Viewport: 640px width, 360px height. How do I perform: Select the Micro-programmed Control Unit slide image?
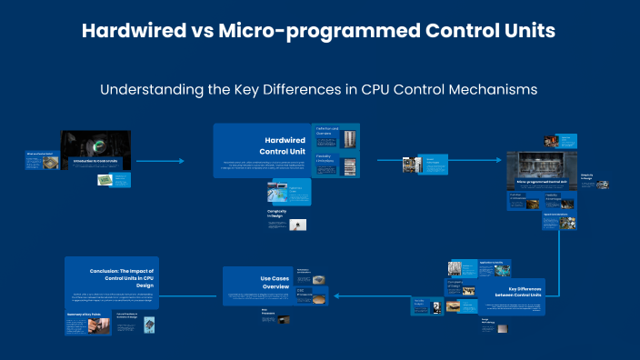pyautogui.click(x=541, y=168)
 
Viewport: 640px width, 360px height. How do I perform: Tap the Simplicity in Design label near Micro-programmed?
pyautogui.click(x=587, y=177)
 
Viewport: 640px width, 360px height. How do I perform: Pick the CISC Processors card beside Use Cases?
pyautogui.click(x=306, y=295)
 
